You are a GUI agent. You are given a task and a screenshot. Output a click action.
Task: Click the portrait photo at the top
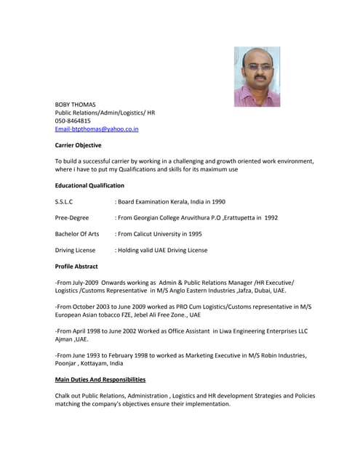coord(257,77)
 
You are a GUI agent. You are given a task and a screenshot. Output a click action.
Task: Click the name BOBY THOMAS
coord(76,105)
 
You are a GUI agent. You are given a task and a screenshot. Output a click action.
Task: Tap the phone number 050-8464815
coord(73,121)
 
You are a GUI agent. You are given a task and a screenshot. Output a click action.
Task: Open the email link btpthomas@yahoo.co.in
coord(97,129)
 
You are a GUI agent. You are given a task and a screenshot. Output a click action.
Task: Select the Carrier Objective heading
coord(79,145)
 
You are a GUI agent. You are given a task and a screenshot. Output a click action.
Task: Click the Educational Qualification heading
coord(89,185)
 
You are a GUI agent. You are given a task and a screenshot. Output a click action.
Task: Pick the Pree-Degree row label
coord(72,217)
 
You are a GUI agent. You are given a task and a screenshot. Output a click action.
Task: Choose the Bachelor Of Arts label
coord(77,234)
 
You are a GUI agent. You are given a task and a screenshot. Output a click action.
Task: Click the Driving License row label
coord(76,250)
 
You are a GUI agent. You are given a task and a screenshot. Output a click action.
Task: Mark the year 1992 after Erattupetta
coord(270,217)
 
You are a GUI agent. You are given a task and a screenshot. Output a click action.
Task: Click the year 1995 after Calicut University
coord(194,234)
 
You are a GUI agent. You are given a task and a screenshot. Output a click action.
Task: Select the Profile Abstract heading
coord(76,266)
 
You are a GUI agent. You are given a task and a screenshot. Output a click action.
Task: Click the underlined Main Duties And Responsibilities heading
coord(100,379)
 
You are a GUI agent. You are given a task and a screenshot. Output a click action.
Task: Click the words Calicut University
coord(159,234)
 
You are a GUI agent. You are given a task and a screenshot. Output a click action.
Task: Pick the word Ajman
coord(65,339)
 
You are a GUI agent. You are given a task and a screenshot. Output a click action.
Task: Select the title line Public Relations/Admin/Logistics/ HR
coord(105,113)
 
